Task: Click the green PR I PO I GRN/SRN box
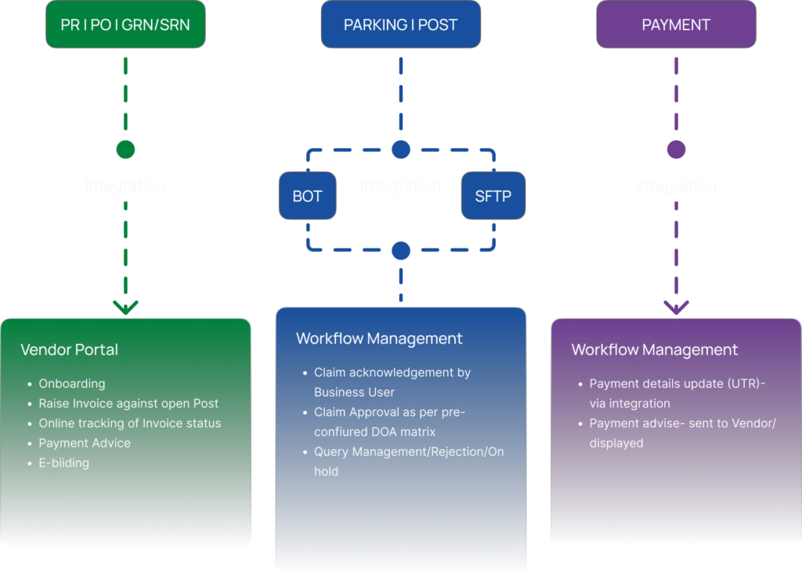point(125,24)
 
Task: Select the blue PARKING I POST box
point(400,24)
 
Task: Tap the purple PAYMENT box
point(676,24)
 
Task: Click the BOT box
point(307,196)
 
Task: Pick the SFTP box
point(493,196)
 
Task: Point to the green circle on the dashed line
point(125,150)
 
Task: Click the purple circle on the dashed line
point(676,150)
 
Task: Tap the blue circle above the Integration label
point(401,150)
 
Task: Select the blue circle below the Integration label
point(401,251)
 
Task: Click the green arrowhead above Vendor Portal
point(125,307)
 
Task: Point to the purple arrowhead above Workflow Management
point(676,307)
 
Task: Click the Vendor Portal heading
point(69,350)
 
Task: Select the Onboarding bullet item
point(72,383)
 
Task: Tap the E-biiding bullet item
point(64,462)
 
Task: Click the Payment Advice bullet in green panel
point(85,443)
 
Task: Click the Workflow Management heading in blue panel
point(379,339)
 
